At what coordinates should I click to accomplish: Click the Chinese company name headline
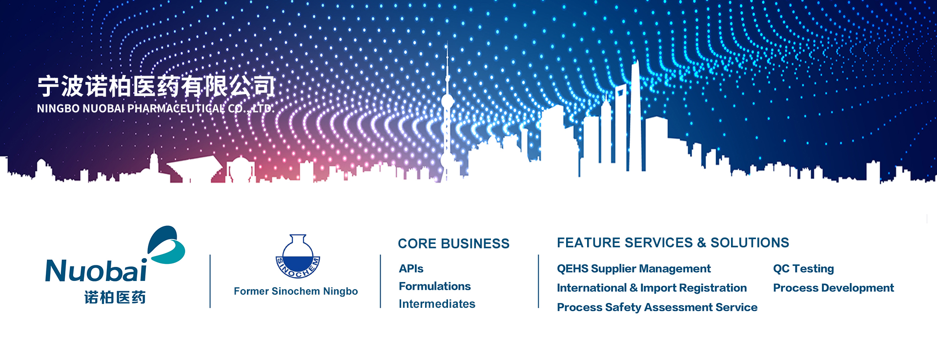[156, 86]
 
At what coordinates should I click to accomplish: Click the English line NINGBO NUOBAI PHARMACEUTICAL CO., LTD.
[156, 109]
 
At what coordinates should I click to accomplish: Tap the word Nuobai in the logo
[96, 270]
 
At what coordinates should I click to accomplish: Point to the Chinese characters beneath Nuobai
[115, 297]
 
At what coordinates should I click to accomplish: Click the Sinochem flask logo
[298, 256]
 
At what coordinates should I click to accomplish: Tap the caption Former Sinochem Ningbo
[296, 291]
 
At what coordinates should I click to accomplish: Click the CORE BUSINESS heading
[453, 243]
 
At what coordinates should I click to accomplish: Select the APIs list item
[411, 269]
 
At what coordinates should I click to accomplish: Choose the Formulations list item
[435, 286]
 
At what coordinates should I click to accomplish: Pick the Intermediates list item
[437, 304]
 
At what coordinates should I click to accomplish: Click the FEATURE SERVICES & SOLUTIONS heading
[673, 242]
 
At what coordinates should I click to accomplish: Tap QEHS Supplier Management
[634, 269]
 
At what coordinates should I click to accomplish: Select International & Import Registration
[652, 288]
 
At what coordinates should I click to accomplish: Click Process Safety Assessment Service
[657, 307]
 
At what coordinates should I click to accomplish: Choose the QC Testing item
[804, 269]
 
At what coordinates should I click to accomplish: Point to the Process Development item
[834, 288]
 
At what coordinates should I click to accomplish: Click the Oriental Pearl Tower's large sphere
[447, 103]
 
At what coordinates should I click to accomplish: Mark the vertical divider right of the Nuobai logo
[210, 281]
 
